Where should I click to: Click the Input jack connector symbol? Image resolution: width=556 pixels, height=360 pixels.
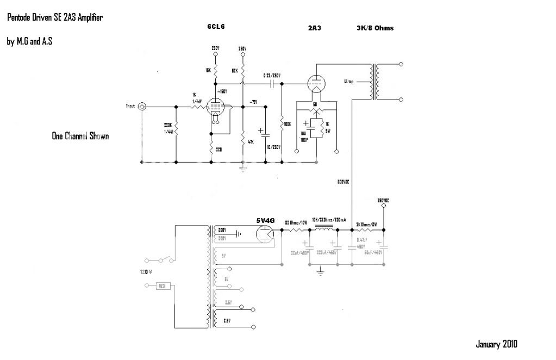tap(142, 107)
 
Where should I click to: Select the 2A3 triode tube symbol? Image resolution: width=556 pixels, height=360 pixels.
tap(316, 84)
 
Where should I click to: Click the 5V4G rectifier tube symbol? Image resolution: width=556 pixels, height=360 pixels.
tap(265, 234)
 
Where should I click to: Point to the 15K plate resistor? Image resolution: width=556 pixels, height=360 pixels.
tap(215, 71)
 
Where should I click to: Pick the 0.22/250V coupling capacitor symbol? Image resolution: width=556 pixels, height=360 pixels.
tap(271, 84)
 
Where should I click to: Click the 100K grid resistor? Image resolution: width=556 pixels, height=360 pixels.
tap(282, 124)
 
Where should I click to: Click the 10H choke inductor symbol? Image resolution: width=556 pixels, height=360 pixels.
tap(325, 229)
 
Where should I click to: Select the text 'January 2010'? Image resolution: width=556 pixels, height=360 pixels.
tap(496, 344)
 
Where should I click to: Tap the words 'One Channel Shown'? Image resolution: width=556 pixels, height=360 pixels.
tap(80, 136)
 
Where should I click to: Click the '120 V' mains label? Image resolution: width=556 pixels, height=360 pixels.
tap(146, 270)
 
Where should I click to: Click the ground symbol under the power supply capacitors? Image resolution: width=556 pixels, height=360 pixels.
tap(320, 269)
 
